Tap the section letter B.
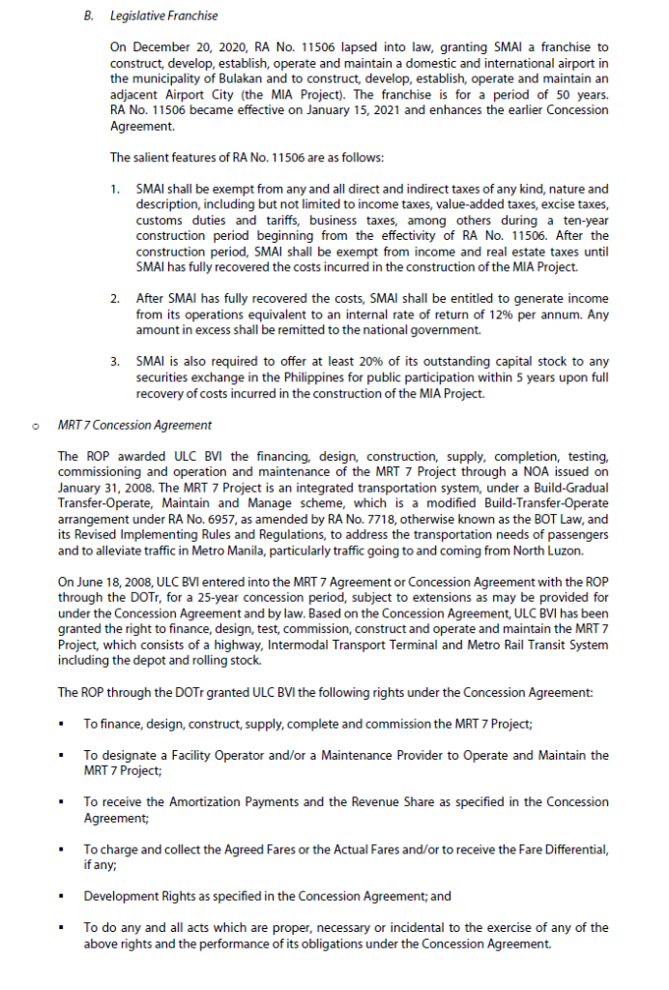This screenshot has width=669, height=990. click(x=88, y=15)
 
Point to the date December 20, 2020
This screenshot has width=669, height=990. click(x=175, y=47)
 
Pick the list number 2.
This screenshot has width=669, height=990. click(x=115, y=299)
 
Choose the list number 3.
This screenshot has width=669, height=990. click(x=115, y=361)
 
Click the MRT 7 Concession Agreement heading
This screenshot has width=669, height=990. click(x=134, y=425)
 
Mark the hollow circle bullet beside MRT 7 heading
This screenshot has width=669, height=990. click(x=36, y=425)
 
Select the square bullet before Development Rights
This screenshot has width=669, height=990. click(x=62, y=896)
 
